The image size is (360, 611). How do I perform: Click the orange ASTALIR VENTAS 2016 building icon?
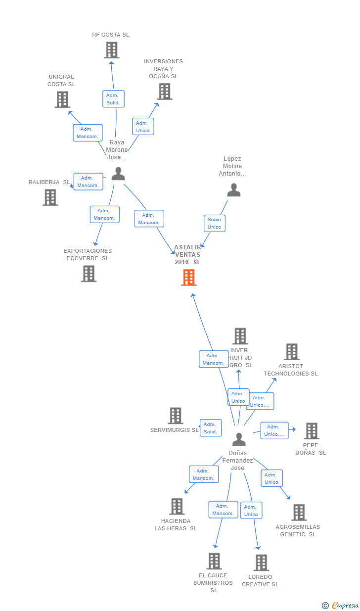coord(188,278)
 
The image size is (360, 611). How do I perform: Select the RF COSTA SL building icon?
coord(112,50)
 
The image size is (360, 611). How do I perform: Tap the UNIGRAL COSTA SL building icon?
coord(62,99)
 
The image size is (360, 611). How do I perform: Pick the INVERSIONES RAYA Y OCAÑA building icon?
coord(164,92)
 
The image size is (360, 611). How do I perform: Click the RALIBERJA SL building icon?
coord(50,197)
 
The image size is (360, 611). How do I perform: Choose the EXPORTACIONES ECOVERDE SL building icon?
coord(89,274)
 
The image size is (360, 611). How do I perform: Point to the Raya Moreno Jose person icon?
coord(118,174)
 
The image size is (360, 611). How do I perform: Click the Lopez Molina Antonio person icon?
coord(233,190)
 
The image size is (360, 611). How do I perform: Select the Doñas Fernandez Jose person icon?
coord(239,439)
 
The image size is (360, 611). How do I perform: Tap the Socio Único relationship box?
coord(215,223)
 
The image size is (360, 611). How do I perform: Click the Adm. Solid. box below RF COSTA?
coord(113,99)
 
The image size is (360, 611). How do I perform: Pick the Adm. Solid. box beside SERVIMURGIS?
coord(210,428)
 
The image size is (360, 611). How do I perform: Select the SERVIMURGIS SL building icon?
coord(176,416)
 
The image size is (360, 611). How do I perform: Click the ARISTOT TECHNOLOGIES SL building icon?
coord(292,352)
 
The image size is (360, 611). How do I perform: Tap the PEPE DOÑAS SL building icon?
coord(312,431)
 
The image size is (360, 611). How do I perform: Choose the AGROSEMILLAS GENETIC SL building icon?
coord(299,513)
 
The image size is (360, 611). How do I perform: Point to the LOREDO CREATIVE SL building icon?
coord(261,563)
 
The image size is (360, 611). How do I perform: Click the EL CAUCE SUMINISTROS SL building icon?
coord(214,561)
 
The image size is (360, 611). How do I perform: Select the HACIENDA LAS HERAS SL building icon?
coord(177,507)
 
